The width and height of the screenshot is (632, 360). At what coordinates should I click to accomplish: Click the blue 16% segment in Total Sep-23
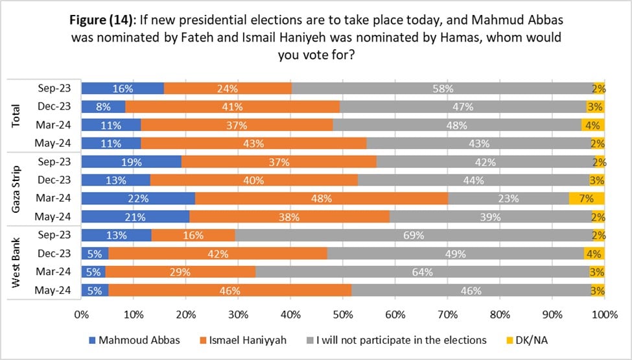click(123, 88)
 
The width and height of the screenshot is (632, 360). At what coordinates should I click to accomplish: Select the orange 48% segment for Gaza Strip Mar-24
click(322, 198)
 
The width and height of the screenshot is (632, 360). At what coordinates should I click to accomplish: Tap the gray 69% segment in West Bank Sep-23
click(414, 235)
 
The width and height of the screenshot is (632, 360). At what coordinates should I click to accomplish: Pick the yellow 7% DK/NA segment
click(587, 198)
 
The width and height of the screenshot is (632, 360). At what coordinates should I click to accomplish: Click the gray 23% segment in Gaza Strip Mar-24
click(508, 198)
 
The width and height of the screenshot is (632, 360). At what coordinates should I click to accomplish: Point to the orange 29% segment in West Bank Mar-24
click(180, 272)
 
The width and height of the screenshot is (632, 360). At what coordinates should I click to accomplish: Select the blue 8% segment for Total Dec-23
click(103, 107)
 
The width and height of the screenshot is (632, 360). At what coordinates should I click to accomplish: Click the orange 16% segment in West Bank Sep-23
click(193, 235)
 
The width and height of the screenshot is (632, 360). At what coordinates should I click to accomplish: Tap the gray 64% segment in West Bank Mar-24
click(423, 272)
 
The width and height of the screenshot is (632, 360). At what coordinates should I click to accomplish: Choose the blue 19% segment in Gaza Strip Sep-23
click(132, 162)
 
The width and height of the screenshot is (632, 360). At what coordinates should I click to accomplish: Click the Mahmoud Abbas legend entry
click(134, 341)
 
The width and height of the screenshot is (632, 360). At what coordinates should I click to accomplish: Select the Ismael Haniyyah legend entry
click(243, 341)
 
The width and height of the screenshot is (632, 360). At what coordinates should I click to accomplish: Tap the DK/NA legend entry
click(527, 341)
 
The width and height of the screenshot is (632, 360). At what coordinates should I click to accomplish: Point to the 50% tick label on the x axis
click(343, 315)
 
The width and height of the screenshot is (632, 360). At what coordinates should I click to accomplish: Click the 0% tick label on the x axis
click(82, 315)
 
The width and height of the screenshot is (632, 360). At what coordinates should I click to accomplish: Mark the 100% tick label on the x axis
click(605, 315)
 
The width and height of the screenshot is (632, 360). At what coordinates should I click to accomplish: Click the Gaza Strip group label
click(16, 189)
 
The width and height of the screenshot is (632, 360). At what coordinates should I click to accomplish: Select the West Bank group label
click(16, 263)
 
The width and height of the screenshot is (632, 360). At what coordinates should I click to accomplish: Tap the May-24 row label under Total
click(53, 143)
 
